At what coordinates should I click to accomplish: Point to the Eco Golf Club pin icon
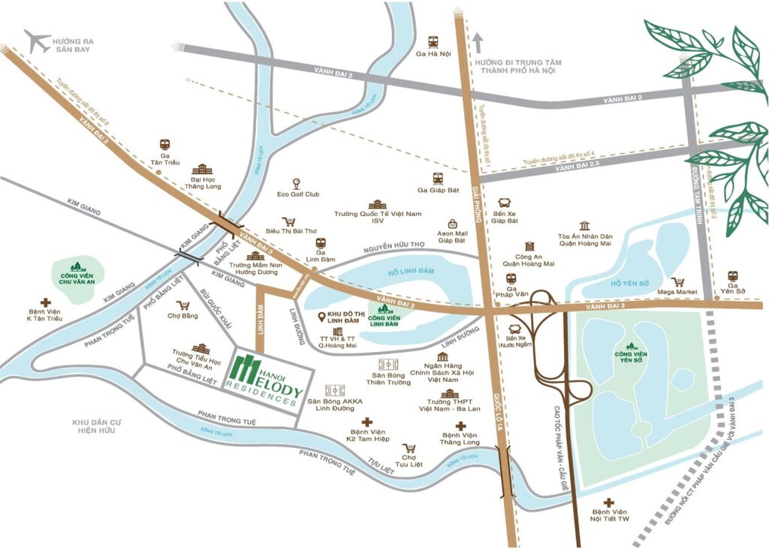point(298,183)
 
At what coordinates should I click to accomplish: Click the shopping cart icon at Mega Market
point(679,282)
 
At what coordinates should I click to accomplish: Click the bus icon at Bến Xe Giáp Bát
point(505,204)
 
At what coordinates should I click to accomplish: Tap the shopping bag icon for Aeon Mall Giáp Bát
point(454,224)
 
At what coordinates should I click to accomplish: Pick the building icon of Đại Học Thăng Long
point(202,169)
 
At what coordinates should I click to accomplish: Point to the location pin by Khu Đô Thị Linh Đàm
point(321,317)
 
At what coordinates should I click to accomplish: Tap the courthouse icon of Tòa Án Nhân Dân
point(585,226)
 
